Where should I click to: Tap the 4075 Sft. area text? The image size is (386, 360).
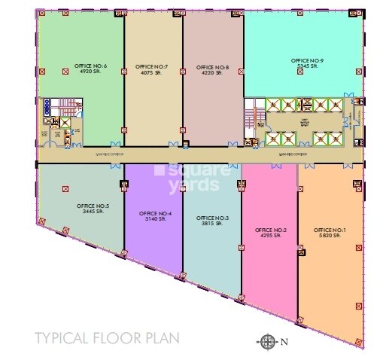coord(151,74)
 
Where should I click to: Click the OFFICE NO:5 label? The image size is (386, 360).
coord(93,206)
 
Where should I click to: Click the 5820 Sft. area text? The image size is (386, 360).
coord(330,236)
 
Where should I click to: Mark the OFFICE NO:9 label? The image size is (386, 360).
coord(307,59)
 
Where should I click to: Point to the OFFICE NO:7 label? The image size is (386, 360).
coord(151,67)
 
